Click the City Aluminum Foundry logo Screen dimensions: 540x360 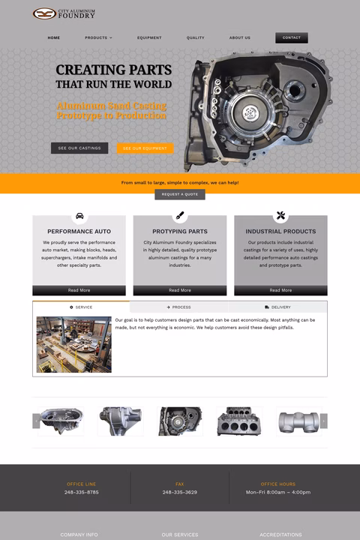[64, 13]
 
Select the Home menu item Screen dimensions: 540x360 [54, 37]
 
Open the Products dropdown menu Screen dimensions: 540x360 [98, 37]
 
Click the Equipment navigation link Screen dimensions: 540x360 [149, 37]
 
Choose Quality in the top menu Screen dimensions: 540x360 [195, 37]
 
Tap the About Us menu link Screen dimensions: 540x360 [240, 37]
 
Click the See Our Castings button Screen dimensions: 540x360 [79, 148]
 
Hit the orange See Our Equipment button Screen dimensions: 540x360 [145, 148]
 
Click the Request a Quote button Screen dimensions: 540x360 [180, 194]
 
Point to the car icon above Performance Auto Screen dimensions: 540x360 [79, 216]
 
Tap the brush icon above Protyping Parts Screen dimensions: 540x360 [180, 216]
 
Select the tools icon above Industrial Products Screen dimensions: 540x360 [280, 216]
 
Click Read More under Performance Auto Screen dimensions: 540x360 [79, 290]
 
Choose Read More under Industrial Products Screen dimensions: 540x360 [280, 290]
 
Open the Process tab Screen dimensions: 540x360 [179, 307]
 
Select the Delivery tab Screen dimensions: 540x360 [278, 307]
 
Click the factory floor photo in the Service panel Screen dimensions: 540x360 [74, 345]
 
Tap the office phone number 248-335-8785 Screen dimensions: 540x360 [81, 492]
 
